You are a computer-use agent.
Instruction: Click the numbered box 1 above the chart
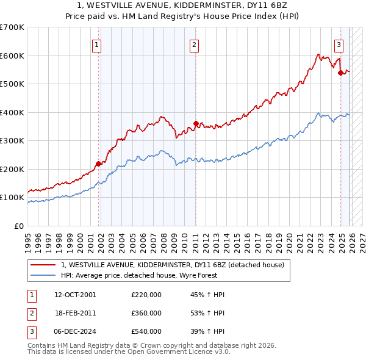pos(97,44)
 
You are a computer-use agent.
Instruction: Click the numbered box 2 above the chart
pos(194,44)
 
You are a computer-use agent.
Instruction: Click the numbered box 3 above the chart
pos(339,44)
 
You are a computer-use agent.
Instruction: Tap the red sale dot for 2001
pos(98,164)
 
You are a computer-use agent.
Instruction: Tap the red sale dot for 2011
pos(196,124)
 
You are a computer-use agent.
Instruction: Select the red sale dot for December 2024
pos(340,73)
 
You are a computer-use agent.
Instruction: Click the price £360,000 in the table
pos(146,313)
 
